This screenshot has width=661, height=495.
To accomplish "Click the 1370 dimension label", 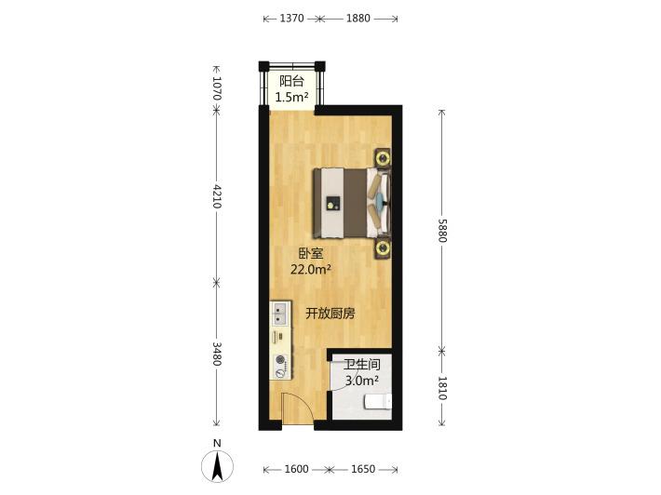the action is pyautogui.click(x=291, y=18).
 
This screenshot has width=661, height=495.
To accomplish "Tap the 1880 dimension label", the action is pyautogui.click(x=358, y=18).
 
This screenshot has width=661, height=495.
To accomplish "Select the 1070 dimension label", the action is pyautogui.click(x=217, y=88).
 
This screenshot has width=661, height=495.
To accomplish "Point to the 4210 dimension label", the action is pyautogui.click(x=217, y=196).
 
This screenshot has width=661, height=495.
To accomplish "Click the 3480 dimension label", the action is pyautogui.click(x=217, y=354).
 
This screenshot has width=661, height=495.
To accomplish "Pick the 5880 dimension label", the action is pyautogui.click(x=441, y=231).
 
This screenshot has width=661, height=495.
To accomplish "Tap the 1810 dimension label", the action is pyautogui.click(x=441, y=388).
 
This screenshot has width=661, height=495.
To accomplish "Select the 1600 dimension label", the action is pyautogui.click(x=296, y=469).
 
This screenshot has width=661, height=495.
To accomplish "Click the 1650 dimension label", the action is pyautogui.click(x=363, y=469).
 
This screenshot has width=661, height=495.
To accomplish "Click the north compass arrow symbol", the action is pyautogui.click(x=217, y=466).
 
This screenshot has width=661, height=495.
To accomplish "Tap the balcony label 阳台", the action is pyautogui.click(x=291, y=80).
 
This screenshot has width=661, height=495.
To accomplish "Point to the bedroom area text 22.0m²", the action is pyautogui.click(x=311, y=269).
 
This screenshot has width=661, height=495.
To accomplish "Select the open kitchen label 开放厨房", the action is pyautogui.click(x=330, y=314).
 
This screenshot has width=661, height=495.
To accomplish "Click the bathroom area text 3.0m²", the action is pyautogui.click(x=362, y=381).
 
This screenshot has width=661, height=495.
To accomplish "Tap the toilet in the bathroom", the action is pyautogui.click(x=378, y=401).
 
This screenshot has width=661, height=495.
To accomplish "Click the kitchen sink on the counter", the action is pyautogui.click(x=280, y=314).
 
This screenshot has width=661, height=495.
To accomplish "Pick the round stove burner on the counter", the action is pyautogui.click(x=280, y=360).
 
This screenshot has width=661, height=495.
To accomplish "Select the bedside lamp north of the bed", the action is pyautogui.click(x=383, y=158).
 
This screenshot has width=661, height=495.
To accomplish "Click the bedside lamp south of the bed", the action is pyautogui.click(x=383, y=248).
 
